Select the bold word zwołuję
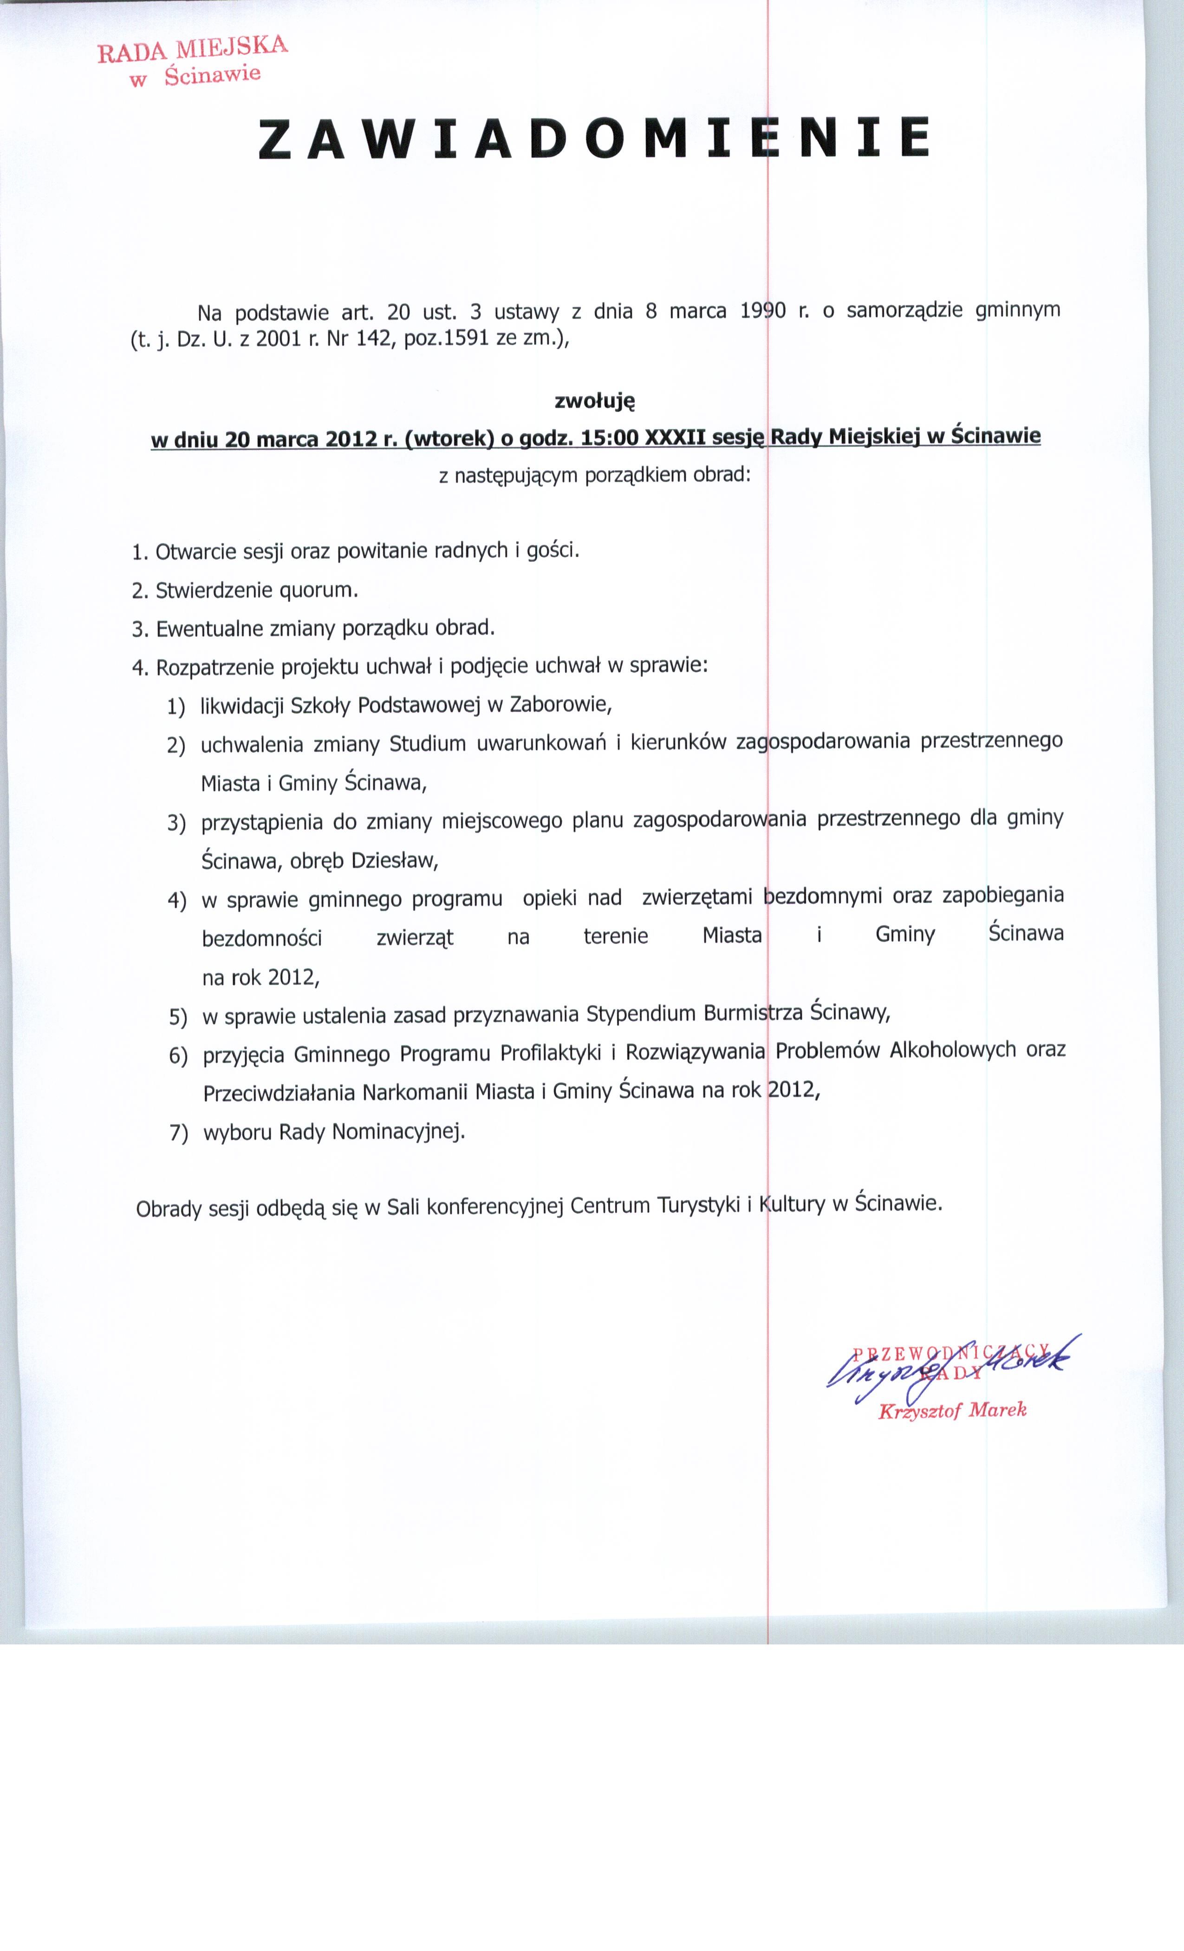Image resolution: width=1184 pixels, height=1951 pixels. click(594, 401)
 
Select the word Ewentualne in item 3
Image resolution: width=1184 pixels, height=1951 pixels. click(209, 629)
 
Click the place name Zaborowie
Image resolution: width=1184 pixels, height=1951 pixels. click(560, 704)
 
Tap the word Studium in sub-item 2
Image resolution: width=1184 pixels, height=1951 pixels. click(427, 744)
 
